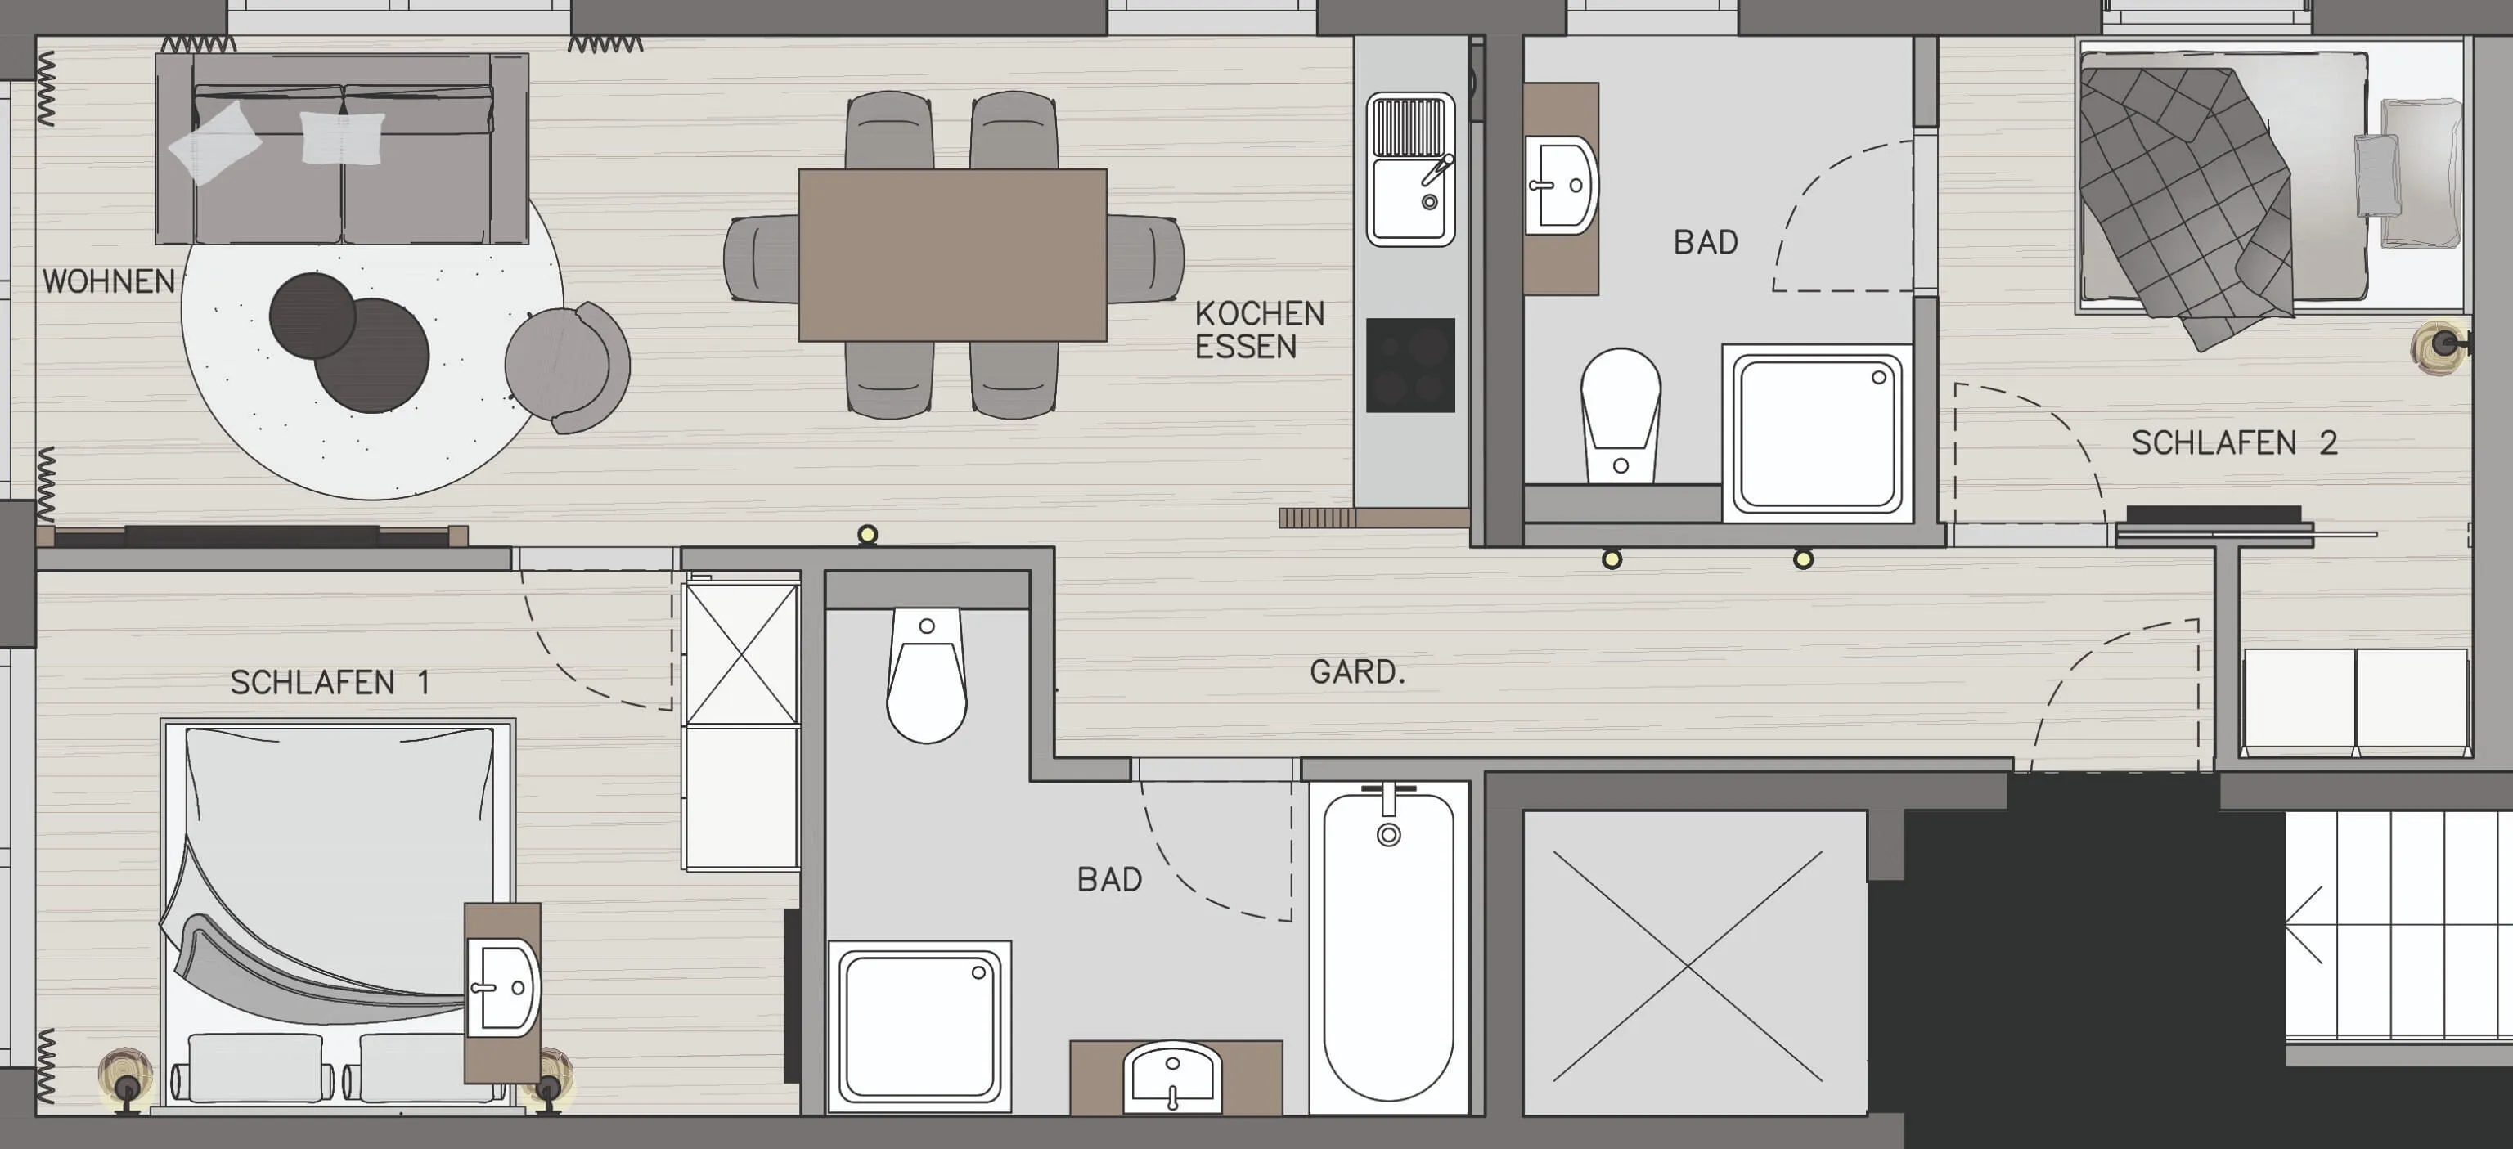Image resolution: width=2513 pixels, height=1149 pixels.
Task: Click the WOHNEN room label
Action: tap(108, 282)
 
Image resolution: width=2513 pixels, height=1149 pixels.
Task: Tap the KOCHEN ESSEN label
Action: tap(1260, 330)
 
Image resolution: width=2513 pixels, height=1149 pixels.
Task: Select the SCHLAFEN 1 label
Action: tap(330, 683)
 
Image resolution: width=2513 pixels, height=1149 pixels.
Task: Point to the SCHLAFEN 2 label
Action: tap(2234, 442)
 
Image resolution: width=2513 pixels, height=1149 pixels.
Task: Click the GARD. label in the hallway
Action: tap(1357, 672)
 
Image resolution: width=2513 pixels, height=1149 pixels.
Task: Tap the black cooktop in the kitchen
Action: tap(1409, 366)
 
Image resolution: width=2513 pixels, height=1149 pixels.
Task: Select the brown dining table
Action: tap(952, 255)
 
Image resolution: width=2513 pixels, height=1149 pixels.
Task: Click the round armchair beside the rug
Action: tap(567, 366)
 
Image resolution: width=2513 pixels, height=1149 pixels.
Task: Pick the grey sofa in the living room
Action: tap(343, 148)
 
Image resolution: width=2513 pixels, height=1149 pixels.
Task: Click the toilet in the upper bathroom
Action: tap(1620, 415)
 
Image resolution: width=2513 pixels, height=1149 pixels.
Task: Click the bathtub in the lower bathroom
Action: tap(1389, 947)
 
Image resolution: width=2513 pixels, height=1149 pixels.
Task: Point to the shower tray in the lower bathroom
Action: tap(920, 1027)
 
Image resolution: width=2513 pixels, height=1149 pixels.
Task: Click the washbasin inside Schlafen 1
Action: tap(502, 987)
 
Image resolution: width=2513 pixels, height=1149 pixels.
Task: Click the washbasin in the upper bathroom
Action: tap(1561, 186)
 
